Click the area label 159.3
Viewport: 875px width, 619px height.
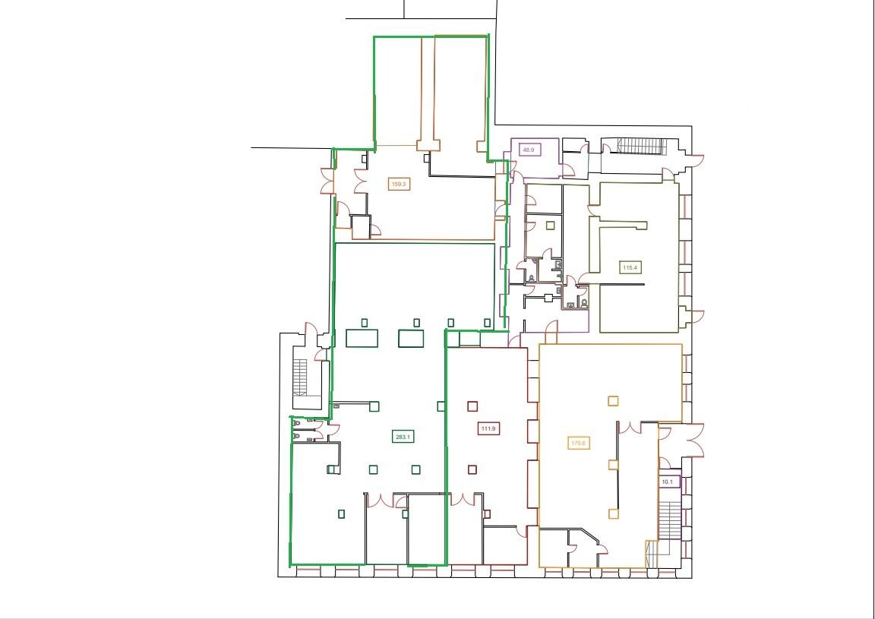(x=399, y=184)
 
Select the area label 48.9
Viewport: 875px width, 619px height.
(x=529, y=150)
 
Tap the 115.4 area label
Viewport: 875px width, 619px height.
(x=630, y=268)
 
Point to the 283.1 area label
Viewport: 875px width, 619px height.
(x=403, y=437)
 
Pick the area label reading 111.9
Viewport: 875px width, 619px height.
(x=489, y=428)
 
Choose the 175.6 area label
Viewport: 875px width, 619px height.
(x=579, y=444)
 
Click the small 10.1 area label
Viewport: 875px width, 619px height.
(x=668, y=481)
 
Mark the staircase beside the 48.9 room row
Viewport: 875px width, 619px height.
(x=641, y=147)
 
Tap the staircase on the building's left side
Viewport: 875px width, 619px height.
(x=300, y=377)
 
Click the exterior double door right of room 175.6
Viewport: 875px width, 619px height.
(x=695, y=441)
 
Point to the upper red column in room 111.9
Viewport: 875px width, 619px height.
(x=472, y=406)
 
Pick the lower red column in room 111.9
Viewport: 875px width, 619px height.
(x=472, y=469)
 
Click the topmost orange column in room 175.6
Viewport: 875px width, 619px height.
(x=613, y=400)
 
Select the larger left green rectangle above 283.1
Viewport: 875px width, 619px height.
(x=362, y=338)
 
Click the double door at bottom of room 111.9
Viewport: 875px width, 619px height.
(x=462, y=500)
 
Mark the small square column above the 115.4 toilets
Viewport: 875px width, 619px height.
(x=551, y=226)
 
